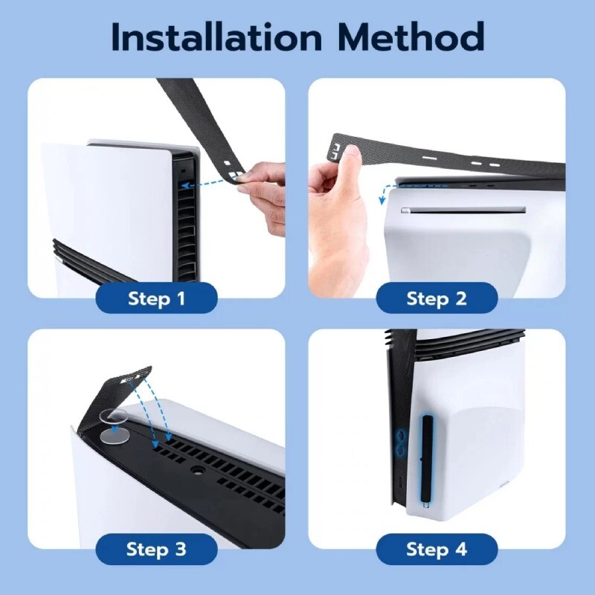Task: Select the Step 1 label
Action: click(x=157, y=299)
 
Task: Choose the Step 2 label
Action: click(x=437, y=299)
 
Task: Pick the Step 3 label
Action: click(x=157, y=550)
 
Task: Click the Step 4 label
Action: click(x=437, y=550)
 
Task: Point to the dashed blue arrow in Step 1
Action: click(x=208, y=181)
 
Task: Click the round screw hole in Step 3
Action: click(x=196, y=471)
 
